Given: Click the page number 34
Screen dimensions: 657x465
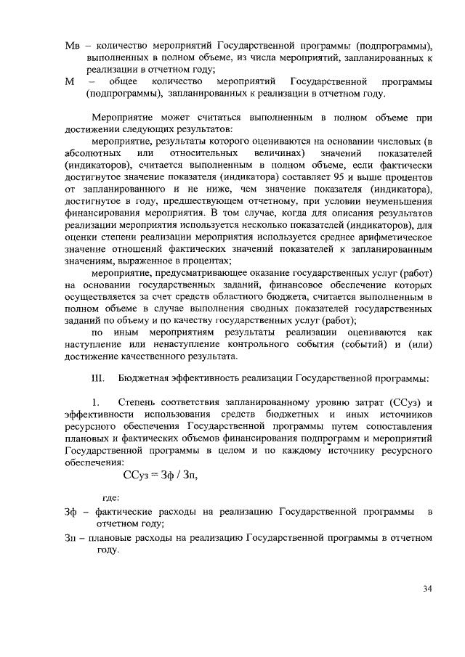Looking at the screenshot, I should point(427,589).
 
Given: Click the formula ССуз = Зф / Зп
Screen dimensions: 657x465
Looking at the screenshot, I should point(160,475).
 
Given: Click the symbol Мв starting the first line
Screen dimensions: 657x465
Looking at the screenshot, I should point(72,37).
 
